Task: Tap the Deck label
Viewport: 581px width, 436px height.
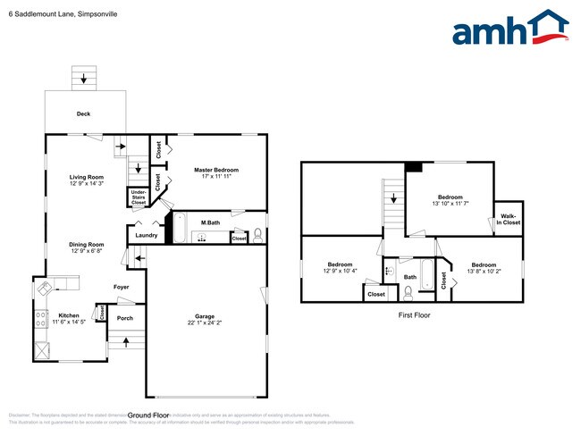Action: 83,114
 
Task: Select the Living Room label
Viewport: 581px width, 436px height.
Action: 87,177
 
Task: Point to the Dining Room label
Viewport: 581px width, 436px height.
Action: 87,244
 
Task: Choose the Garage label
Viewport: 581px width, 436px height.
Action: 205,315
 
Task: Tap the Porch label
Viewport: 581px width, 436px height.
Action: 125,318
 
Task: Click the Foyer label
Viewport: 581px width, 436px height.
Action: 121,287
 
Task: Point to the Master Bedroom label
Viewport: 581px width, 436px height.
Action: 216,170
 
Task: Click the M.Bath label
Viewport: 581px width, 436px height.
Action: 211,222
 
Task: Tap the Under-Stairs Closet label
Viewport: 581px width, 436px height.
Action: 139,197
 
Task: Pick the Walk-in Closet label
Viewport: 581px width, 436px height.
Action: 509,218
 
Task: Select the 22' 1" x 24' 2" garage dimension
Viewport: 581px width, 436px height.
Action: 205,323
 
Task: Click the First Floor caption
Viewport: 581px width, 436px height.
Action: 414,315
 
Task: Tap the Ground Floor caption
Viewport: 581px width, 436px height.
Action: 148,415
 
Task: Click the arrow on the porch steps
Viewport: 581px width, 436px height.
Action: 124,341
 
